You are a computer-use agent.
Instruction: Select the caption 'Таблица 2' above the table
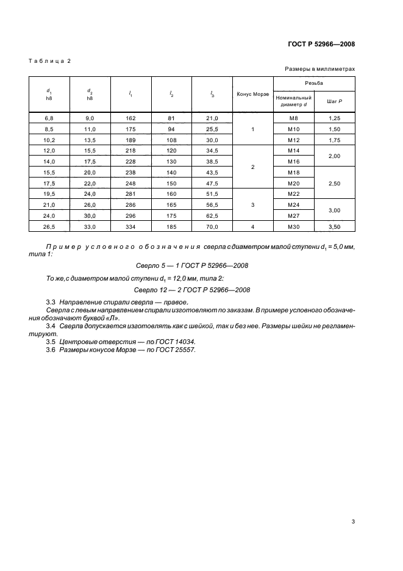[x=51, y=61]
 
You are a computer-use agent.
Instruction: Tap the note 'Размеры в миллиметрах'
[x=319, y=70]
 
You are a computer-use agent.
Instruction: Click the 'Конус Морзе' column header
[x=252, y=94]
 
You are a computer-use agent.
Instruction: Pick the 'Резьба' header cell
[x=314, y=82]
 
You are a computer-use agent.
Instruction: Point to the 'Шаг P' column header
[x=334, y=100]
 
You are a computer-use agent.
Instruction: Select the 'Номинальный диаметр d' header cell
[x=293, y=100]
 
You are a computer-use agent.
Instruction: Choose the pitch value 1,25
[x=334, y=118]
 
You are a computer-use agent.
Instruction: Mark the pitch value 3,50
[x=334, y=226]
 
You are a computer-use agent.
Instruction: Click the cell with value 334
[x=131, y=226]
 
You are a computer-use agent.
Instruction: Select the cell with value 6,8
[x=49, y=118]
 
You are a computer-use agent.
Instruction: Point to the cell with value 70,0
[x=212, y=226]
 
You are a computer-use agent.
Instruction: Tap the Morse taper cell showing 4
[x=252, y=226]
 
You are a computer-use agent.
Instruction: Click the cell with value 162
[x=131, y=118]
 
